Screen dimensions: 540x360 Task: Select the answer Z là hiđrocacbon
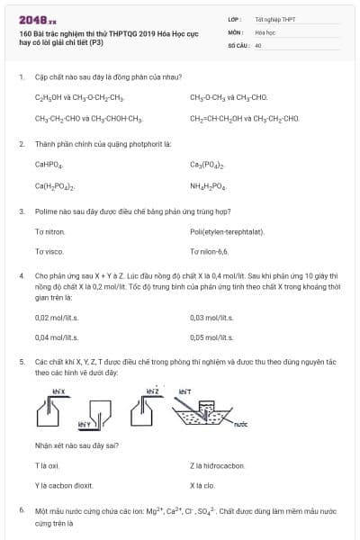[x=216, y=465]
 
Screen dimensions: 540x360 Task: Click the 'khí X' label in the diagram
[x=58, y=391]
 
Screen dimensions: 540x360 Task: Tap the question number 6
[x=21, y=510]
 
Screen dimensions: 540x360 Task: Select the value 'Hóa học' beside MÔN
[x=265, y=31]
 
